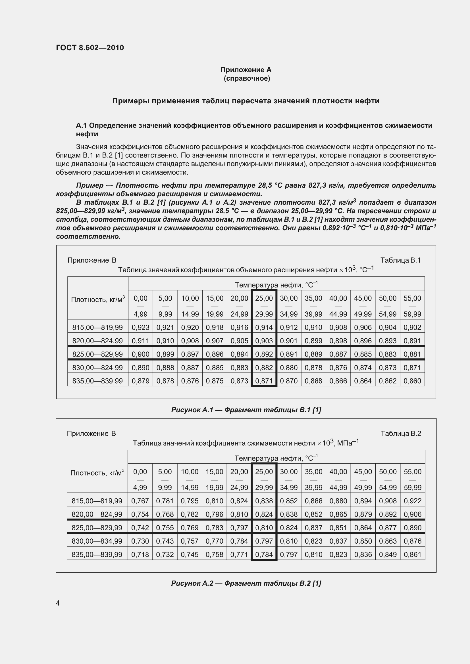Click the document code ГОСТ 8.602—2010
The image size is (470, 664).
pyautogui.click(x=90, y=48)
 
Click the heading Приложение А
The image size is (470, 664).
pyautogui.click(x=246, y=70)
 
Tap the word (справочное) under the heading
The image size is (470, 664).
pyautogui.click(x=247, y=78)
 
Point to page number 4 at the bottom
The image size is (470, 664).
pyautogui.click(x=58, y=603)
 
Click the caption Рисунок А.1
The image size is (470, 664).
pyautogui.click(x=246, y=410)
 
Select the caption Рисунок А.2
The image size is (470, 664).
pyautogui.click(x=246, y=583)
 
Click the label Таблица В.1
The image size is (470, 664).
pyautogui.click(x=400, y=260)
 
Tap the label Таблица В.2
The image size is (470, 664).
pyautogui.click(x=401, y=433)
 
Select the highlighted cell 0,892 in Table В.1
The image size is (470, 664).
pyautogui.click(x=264, y=354)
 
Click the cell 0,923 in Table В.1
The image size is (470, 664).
pyautogui.click(x=140, y=327)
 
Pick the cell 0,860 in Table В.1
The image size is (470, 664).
pyautogui.click(x=412, y=381)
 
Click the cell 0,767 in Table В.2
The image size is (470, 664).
pyautogui.click(x=140, y=501)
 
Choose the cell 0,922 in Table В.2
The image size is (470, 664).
pyautogui.click(x=412, y=501)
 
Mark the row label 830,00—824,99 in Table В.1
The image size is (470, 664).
pyautogui.click(x=97, y=368)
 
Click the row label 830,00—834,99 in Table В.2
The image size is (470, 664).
pyautogui.click(x=97, y=541)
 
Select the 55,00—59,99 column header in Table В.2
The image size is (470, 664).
pyautogui.click(x=412, y=479)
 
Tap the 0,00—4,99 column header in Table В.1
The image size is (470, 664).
pyautogui.click(x=140, y=306)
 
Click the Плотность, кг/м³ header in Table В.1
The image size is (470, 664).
pyautogui.click(x=98, y=299)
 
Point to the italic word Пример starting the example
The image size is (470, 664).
pyautogui.click(x=90, y=185)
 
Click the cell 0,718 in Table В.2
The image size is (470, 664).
pyautogui.click(x=140, y=554)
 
